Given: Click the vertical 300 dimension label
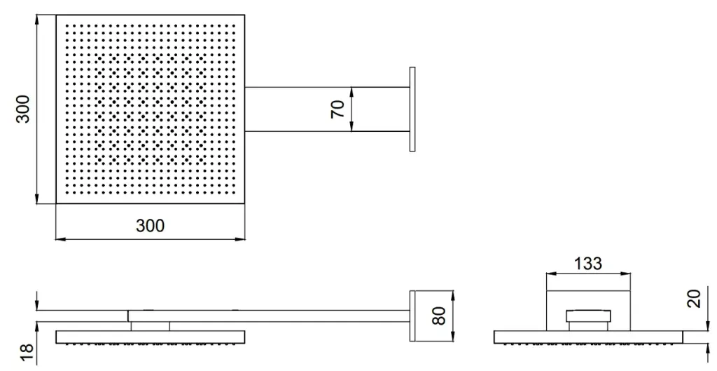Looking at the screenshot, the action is pos(22,109).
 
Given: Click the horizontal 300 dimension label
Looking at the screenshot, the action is pos(150,226).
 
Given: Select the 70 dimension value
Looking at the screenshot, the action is pos(338,109).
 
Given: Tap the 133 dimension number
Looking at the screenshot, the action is pos(588,264).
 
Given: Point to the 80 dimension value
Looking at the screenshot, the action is pos(439,316).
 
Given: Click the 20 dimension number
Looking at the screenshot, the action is pos(694,299).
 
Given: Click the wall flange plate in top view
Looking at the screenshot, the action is pos(412,109).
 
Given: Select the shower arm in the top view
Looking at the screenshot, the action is pos(327,109).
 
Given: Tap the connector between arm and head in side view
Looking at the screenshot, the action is pos(150,326).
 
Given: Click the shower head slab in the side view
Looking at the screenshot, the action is pos(150,337).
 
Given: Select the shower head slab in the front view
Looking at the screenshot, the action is pos(588,337).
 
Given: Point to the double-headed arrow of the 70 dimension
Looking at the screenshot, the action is pos(351,109).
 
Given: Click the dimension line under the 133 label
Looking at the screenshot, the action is pos(588,274).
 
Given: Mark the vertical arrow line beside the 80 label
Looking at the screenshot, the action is pos(452,316).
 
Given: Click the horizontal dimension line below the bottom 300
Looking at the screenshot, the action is pos(150,238).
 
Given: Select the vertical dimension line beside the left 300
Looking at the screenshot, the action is pos(37,109).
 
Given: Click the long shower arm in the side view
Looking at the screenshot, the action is pos(268,316).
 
